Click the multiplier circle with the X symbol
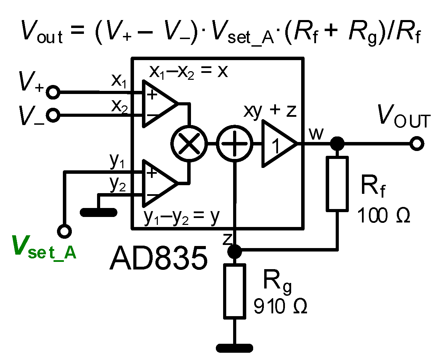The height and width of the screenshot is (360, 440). coord(189,143)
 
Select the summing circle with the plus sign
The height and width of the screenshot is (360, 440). coord(235,143)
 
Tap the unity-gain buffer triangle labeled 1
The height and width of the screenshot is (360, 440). coord(277,143)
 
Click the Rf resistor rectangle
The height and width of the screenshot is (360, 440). coord(337,183)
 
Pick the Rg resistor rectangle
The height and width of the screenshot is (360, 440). coord(235,291)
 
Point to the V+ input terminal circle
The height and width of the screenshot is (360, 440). coord(53,92)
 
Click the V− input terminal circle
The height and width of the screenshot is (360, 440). coord(53,115)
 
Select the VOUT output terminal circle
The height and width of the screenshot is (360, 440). coord(417,143)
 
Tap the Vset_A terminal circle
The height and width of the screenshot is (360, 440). coord(65,231)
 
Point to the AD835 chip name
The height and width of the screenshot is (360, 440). coord(159,259)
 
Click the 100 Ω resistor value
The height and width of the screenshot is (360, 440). coord(383,216)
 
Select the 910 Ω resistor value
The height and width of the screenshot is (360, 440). coord(280,306)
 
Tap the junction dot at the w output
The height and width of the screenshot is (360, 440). coord(337,143)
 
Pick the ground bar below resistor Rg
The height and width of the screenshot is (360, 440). coord(235,348)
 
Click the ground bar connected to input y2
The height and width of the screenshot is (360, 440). coord(98,212)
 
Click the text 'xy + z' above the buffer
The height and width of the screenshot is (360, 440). coord(270,111)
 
